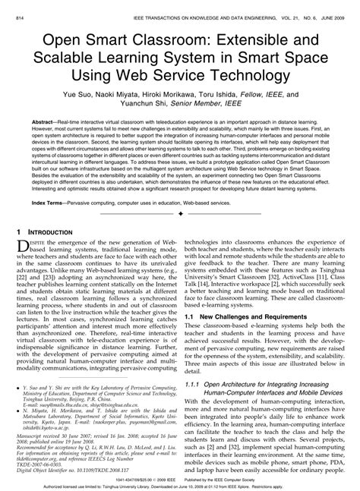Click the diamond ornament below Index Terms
click(x=180, y=215)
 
